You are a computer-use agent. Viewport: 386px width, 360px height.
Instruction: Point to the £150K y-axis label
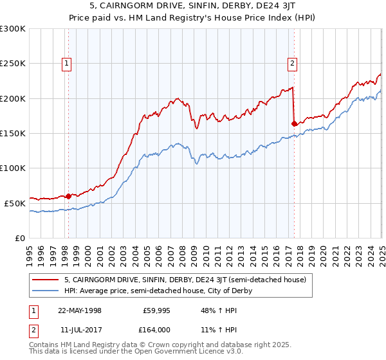[x=13, y=134]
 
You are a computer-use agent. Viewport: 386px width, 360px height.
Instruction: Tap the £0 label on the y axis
[x=21, y=238]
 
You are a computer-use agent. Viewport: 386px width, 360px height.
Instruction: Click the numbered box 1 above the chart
[x=67, y=63]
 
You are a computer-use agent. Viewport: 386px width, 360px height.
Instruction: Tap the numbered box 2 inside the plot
[x=293, y=63]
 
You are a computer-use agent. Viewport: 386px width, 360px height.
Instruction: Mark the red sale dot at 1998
[x=69, y=196]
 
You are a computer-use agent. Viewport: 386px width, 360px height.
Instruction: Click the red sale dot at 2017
[x=294, y=123]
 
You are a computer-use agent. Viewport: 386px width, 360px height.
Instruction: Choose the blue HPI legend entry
[x=158, y=291]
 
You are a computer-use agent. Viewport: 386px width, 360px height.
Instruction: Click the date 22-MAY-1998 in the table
[x=80, y=310]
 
